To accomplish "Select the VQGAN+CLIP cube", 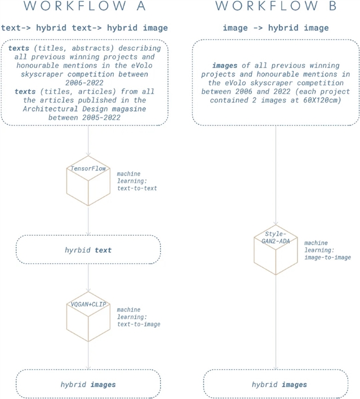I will (88, 316).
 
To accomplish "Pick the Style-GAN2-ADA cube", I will (275, 250).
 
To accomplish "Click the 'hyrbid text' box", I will (88, 250).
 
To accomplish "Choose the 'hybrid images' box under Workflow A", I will (88, 384).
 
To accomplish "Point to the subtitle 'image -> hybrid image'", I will (276, 28).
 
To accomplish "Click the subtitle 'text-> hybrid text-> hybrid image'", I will (85, 28).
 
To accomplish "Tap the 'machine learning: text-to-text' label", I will (137, 181).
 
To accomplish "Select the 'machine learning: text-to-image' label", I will (139, 317).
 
